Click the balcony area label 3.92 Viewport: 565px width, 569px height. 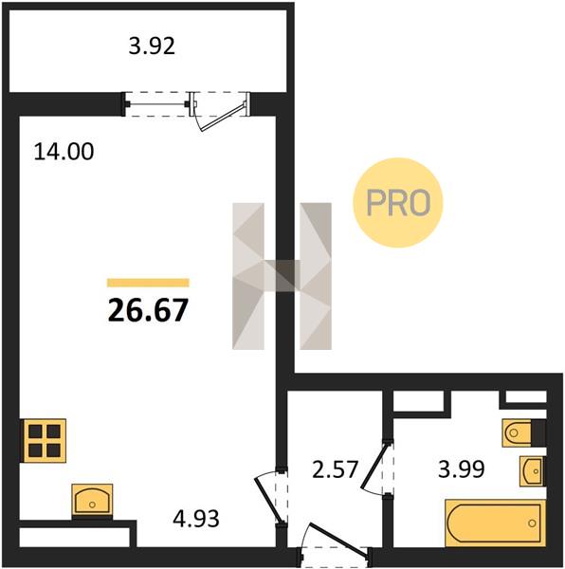[152, 46]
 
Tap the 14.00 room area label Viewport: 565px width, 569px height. [64, 152]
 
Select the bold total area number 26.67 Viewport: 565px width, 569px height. [148, 310]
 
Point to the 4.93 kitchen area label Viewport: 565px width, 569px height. [196, 518]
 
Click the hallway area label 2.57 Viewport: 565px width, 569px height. [336, 468]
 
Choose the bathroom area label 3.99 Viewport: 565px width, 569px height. [462, 468]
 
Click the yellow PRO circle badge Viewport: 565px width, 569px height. [398, 203]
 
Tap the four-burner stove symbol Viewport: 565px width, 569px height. [45, 441]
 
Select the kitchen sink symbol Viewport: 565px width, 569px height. [92, 500]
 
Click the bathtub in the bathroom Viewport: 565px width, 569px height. [496, 523]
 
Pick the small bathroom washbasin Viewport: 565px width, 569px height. [533, 470]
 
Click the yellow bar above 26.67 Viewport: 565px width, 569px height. [148, 283]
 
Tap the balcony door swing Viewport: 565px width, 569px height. [220, 112]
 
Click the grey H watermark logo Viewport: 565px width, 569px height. [282, 276]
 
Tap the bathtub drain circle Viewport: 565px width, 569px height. [532, 523]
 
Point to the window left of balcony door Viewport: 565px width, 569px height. [156, 104]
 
